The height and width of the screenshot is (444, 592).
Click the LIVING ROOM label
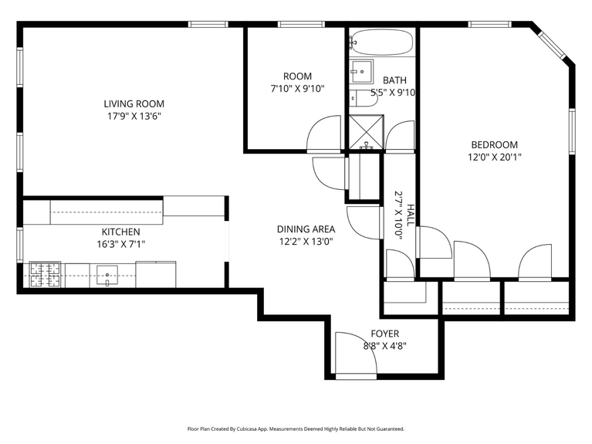(134, 103)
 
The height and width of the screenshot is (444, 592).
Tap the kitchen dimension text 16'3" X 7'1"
(120, 244)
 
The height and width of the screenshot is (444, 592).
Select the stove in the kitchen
(46, 274)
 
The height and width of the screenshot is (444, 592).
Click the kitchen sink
(107, 274)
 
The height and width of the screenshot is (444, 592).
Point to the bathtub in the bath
(382, 42)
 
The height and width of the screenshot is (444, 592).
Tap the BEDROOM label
(494, 144)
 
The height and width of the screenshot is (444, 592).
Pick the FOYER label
(384, 334)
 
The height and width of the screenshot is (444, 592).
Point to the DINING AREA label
(306, 229)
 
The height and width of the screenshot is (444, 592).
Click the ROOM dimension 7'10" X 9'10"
(297, 89)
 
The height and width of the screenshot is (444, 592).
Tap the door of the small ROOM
(324, 134)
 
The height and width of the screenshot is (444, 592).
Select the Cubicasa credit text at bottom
(296, 429)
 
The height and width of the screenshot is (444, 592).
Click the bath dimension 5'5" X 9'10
(394, 93)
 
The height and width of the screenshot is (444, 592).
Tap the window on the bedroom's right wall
(572, 130)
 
